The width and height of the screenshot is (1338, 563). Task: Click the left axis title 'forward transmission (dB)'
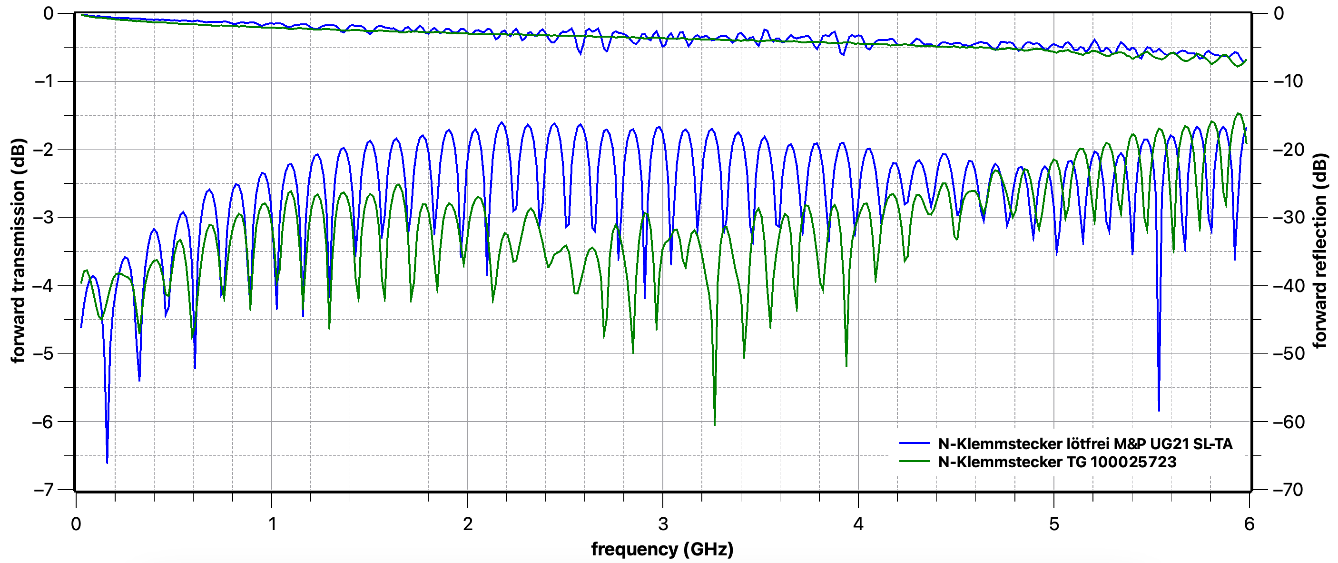click(x=18, y=251)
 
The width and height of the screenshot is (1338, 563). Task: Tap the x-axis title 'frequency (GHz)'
click(x=662, y=549)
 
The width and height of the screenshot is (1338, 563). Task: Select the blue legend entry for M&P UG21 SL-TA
click(x=1084, y=443)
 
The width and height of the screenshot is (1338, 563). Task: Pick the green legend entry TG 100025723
click(x=1056, y=462)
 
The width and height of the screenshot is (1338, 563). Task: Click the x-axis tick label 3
click(x=663, y=524)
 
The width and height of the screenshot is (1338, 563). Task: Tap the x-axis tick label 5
click(x=1054, y=524)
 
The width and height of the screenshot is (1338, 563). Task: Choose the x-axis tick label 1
click(x=272, y=524)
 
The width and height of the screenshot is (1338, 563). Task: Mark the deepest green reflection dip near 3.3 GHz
click(x=715, y=424)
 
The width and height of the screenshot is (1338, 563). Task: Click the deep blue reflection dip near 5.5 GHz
click(x=1159, y=410)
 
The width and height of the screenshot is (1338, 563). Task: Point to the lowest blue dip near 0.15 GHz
click(x=107, y=462)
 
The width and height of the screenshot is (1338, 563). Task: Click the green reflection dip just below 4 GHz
click(x=846, y=366)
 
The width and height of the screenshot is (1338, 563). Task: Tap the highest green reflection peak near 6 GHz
click(x=1238, y=113)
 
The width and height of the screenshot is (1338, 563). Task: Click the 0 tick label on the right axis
click(x=1279, y=13)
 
